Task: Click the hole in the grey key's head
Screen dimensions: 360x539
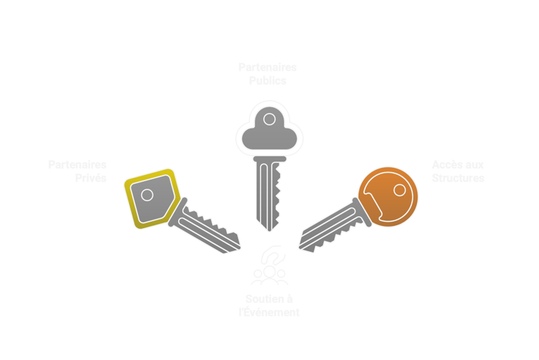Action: [269, 119]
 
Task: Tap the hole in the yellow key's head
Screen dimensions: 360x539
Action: [147, 194]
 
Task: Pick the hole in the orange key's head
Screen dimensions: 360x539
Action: [399, 189]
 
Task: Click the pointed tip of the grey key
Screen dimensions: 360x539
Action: [269, 230]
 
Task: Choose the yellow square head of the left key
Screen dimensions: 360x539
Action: [149, 198]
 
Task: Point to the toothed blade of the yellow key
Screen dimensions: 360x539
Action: [208, 227]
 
